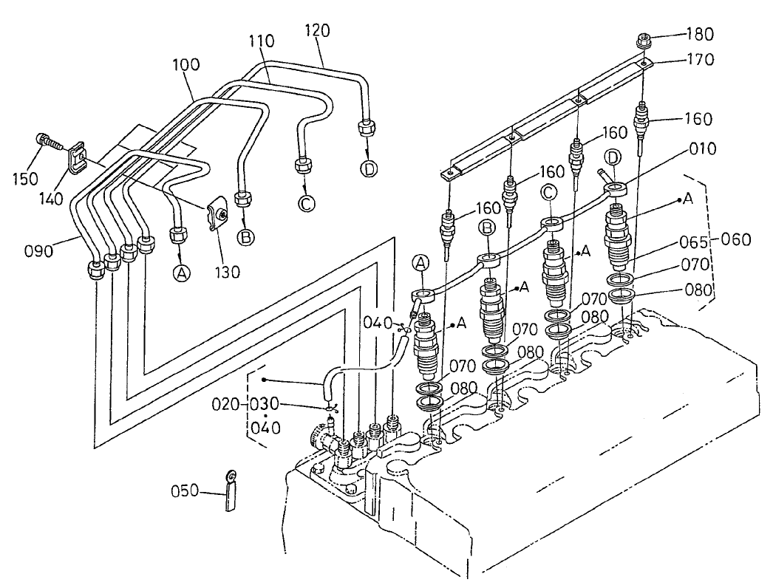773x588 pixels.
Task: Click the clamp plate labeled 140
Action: [75, 159]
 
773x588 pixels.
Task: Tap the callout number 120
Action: [316, 30]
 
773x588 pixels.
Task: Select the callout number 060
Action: [737, 239]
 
